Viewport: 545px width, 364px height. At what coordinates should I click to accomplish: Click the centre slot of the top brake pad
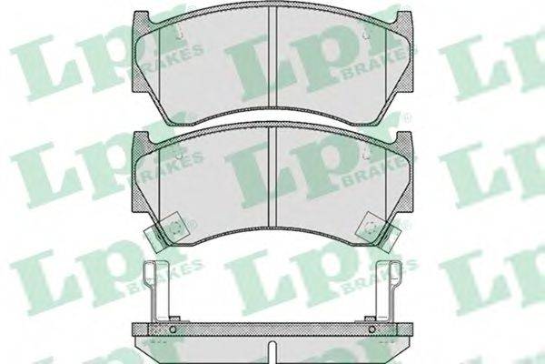[272, 57]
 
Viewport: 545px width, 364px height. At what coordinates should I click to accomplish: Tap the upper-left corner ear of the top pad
[141, 18]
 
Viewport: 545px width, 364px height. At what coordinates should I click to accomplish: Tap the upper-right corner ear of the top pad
[404, 18]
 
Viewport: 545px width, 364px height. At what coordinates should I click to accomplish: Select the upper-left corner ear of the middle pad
[141, 138]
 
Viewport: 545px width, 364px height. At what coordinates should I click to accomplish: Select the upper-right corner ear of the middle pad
[404, 138]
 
